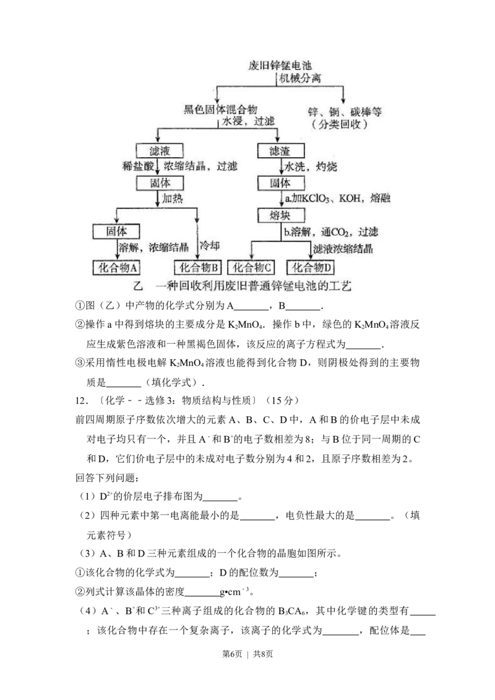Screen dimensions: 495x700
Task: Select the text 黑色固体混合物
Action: coord(220,109)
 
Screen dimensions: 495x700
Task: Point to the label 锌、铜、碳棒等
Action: coord(345,111)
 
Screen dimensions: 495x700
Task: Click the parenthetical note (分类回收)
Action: coord(343,124)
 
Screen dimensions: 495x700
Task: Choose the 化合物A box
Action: coord(118,267)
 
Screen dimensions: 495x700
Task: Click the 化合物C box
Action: coord(251,267)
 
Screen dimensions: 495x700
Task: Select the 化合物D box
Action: coord(312,267)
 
